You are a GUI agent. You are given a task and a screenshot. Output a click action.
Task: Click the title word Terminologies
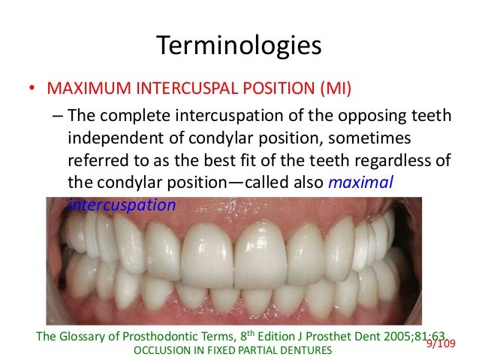point(239,46)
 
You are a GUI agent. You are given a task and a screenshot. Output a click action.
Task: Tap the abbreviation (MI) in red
point(333,90)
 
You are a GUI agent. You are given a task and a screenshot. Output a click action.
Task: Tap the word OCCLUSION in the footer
point(159,351)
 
